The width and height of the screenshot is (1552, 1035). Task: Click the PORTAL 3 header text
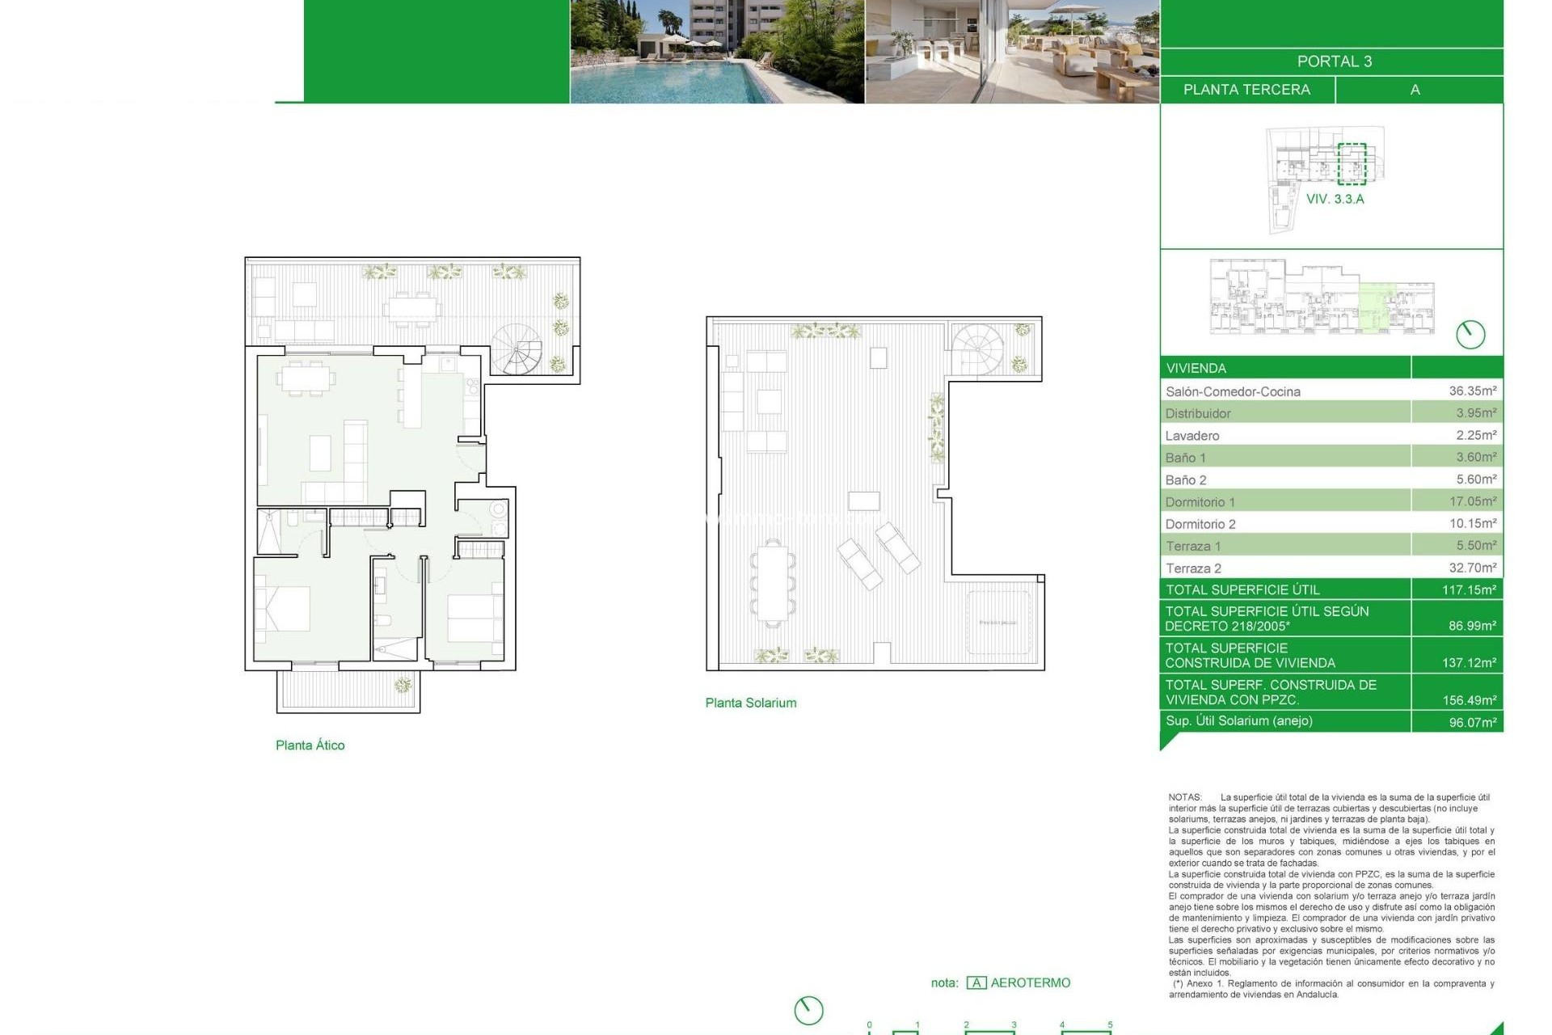click(1334, 61)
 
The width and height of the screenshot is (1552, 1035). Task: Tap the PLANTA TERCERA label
click(1246, 90)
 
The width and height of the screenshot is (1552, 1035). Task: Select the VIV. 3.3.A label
click(1335, 199)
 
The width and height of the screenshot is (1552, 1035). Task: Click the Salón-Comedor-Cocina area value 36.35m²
click(1472, 391)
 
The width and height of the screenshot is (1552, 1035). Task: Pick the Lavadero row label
click(1192, 436)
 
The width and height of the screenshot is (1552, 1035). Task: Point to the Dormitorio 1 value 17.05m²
click(1472, 502)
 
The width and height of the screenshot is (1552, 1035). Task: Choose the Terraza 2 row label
click(1193, 568)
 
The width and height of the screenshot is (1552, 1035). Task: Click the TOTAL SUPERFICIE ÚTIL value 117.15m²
click(1469, 590)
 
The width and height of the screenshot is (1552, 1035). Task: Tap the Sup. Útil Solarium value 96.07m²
click(1472, 722)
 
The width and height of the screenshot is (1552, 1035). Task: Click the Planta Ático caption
click(310, 746)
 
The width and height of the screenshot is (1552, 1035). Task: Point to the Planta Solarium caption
click(750, 703)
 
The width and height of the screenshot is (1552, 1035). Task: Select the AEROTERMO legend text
click(1030, 983)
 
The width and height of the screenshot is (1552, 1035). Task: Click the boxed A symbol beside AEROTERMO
click(976, 983)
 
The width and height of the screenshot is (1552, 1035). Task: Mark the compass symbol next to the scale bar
click(808, 1010)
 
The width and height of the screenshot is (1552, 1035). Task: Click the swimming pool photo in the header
click(717, 52)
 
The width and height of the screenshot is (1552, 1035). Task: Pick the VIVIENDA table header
click(1196, 369)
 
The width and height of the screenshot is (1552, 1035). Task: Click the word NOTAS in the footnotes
click(1185, 797)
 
